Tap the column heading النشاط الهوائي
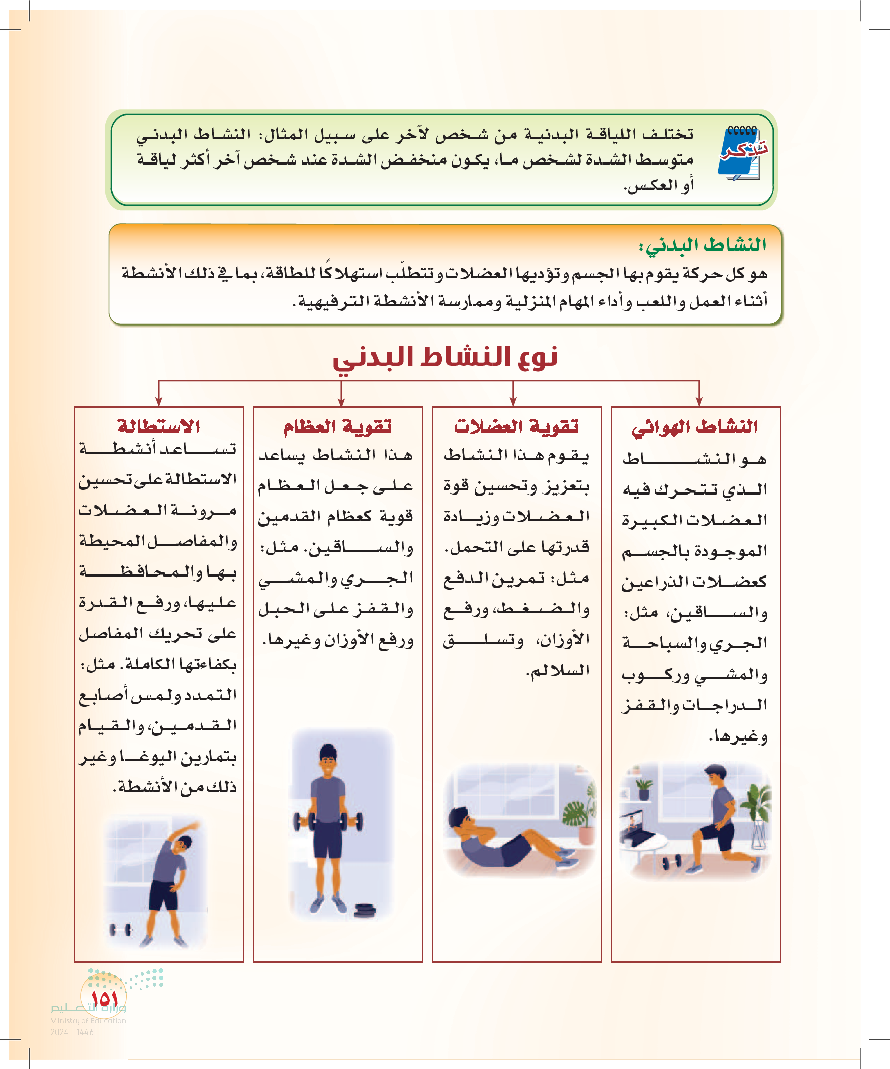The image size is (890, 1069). click(694, 427)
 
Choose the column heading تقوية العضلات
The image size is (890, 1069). click(516, 426)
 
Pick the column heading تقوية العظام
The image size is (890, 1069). click(337, 426)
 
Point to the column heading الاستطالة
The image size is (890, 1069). click(158, 426)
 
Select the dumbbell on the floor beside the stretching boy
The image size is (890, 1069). click(121, 930)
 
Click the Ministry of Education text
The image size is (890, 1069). click(87, 1021)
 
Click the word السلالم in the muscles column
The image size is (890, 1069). click(560, 671)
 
